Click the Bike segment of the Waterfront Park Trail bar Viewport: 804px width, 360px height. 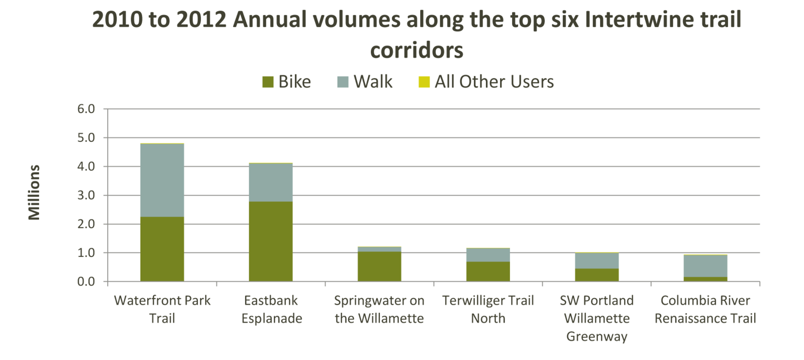click(162, 249)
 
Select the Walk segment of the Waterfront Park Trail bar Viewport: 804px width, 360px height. click(162, 181)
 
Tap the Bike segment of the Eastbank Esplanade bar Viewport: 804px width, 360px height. click(271, 241)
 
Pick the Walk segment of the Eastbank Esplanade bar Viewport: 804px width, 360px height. click(271, 183)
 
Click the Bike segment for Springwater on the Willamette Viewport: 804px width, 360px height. click(379, 266)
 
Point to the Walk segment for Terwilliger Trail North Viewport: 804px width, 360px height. click(488, 255)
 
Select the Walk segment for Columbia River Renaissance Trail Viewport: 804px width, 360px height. click(706, 266)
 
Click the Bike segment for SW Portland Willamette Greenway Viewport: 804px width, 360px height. click(597, 275)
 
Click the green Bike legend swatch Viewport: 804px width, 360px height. click(268, 82)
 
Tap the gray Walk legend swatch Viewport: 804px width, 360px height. click(343, 82)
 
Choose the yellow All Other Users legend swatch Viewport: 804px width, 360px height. click(424, 82)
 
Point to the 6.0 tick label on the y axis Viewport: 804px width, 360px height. click(86, 109)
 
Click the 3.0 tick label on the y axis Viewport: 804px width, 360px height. click(86, 196)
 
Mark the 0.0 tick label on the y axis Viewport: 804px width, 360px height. click(86, 282)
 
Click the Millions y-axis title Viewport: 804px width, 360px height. click(34, 193)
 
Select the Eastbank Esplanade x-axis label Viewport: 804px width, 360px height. click(272, 309)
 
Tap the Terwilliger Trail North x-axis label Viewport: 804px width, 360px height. click(488, 309)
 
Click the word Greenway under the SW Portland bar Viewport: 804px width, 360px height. click(597, 336)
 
